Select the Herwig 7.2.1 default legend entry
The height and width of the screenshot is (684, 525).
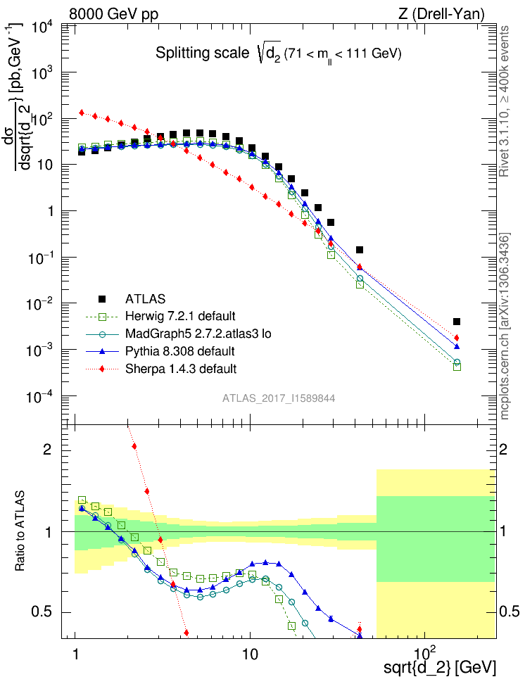click(x=179, y=315)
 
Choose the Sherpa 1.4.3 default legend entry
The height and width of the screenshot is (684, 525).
click(x=177, y=368)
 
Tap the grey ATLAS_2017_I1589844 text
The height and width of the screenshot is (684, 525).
click(x=279, y=398)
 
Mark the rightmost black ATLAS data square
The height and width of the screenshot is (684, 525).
click(x=457, y=322)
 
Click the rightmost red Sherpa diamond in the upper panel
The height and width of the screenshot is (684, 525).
click(x=457, y=338)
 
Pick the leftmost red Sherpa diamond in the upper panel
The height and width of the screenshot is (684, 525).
click(x=82, y=113)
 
